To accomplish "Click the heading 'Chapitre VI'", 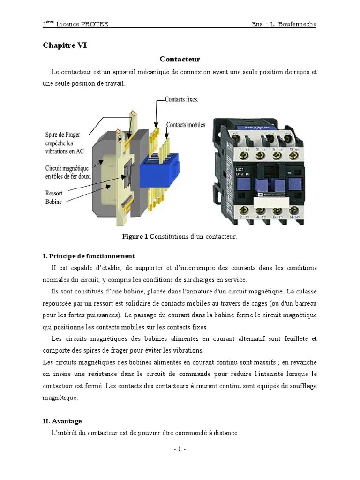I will point(65,45).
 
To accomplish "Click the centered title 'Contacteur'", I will point(180,59).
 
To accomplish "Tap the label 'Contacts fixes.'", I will point(181,99).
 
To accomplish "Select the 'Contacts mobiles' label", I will point(186,125).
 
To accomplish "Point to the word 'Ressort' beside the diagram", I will point(54,193).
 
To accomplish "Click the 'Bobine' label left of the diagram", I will point(53,202).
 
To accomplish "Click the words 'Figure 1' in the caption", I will point(135,237).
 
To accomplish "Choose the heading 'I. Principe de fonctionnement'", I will point(89,256).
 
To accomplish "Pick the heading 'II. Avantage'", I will point(62,421).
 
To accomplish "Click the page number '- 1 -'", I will point(180,449).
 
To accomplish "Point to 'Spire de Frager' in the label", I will point(63,135).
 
